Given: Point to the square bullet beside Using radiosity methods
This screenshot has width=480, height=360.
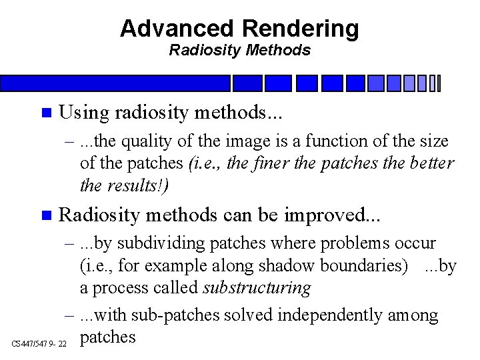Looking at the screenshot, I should [45, 113].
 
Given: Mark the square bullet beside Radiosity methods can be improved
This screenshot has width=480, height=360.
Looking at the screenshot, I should [45, 215].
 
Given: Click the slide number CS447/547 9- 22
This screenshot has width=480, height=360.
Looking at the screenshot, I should [39, 343].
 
